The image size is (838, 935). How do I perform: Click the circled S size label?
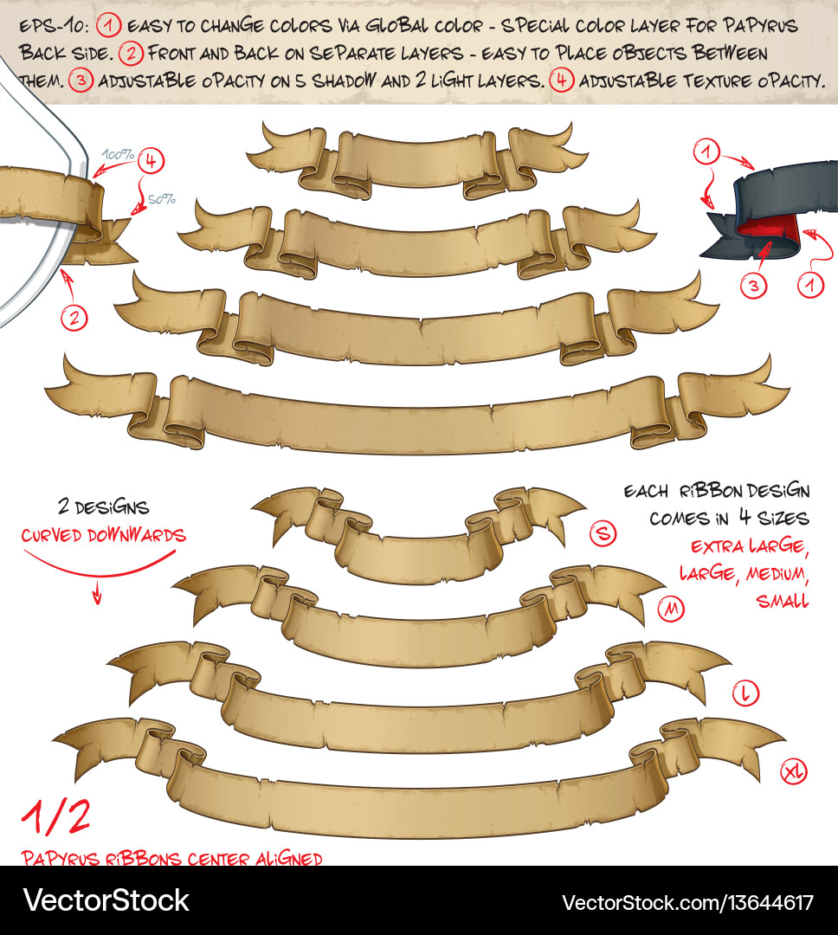point(603,534)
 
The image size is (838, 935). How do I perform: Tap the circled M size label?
point(670,610)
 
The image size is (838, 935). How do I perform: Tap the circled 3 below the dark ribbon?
point(754,286)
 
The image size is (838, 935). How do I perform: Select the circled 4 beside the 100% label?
point(151,160)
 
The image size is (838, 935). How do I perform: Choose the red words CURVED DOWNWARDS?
point(103,535)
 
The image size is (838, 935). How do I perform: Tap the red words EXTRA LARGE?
point(749,547)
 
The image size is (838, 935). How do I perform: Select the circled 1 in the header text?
point(109,26)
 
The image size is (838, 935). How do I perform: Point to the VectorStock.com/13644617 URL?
point(687,902)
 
